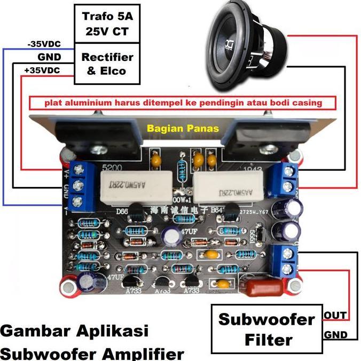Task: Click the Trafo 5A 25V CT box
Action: point(107,25)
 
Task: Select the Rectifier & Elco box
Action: point(107,64)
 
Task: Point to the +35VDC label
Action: point(42,70)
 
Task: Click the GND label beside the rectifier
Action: point(49,57)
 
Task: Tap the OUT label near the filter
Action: point(335,316)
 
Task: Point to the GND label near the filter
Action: point(336,335)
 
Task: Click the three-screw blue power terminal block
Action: point(82,185)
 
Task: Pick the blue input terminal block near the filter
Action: point(285,260)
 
